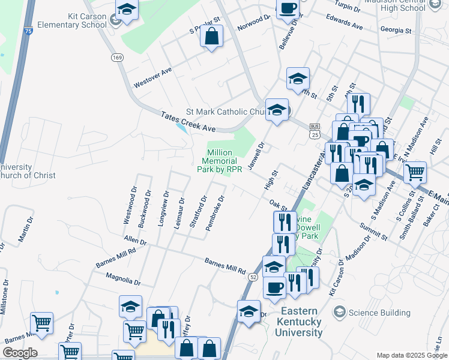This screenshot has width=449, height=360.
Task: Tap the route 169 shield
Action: pyautogui.click(x=117, y=57)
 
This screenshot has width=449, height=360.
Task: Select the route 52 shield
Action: pyautogui.click(x=254, y=277)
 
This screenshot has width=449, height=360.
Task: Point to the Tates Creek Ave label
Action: pyautogui.click(x=187, y=121)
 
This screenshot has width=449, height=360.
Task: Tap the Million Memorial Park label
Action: pyautogui.click(x=220, y=161)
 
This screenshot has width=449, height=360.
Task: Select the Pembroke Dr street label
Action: pyautogui.click(x=215, y=213)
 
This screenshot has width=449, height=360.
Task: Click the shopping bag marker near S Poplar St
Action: pyautogui.click(x=212, y=37)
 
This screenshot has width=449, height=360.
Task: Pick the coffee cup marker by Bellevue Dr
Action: pyautogui.click(x=288, y=8)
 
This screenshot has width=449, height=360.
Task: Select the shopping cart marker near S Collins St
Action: pyautogui.click(x=415, y=173)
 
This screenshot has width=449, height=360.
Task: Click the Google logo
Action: pyautogui.click(x=20, y=353)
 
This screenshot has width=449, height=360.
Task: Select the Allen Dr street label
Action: pyautogui.click(x=135, y=241)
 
